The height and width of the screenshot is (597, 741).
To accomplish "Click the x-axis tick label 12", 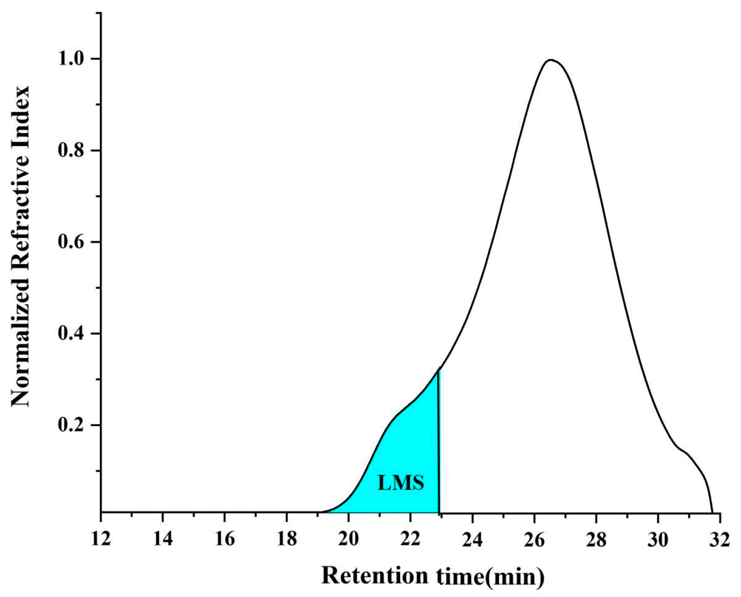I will click(101, 539).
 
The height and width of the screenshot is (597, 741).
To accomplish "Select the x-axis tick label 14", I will click(163, 539).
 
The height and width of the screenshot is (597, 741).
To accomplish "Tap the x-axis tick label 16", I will click(225, 539).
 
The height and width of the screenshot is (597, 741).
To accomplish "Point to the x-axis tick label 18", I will click(287, 539).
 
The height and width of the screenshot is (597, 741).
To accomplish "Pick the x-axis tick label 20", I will click(348, 539).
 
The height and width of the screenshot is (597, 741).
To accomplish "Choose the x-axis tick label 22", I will click(411, 539).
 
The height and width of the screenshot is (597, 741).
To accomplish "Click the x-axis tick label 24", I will click(473, 539).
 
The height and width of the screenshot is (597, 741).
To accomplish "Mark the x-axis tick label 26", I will click(534, 539).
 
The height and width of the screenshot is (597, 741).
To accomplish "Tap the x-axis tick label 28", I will click(596, 539).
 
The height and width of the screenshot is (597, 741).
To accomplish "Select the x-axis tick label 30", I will click(658, 539).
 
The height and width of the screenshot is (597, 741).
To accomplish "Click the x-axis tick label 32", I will click(720, 539).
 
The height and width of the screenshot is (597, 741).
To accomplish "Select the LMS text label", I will click(401, 483).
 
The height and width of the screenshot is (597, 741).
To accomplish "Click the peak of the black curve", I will click(550, 60).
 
